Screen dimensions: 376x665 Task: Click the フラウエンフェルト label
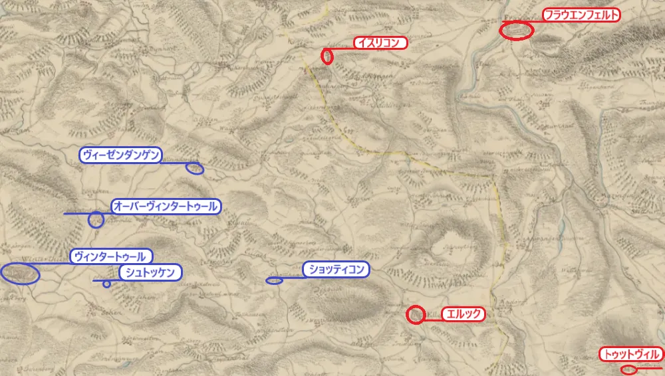click(x=581, y=15)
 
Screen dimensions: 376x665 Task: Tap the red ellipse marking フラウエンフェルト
click(x=517, y=31)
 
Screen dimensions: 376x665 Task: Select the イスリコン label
click(x=379, y=43)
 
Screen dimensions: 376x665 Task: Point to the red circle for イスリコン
click(x=327, y=56)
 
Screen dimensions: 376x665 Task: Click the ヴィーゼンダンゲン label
click(x=120, y=155)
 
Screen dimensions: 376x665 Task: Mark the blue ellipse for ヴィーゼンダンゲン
click(x=195, y=168)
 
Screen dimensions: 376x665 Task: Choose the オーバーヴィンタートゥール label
click(x=165, y=207)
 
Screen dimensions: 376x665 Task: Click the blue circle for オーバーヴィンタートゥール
click(x=96, y=219)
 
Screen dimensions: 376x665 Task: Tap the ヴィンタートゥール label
click(x=110, y=256)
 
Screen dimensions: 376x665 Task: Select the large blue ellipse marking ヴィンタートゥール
click(x=20, y=273)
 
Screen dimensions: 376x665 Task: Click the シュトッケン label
click(x=150, y=272)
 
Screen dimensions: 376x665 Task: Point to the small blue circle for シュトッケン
click(x=106, y=284)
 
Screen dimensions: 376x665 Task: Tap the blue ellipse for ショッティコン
click(x=274, y=280)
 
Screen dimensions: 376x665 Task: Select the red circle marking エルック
click(x=416, y=314)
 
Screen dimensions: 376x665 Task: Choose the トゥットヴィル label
click(x=630, y=355)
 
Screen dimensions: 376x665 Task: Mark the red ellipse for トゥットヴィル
click(x=628, y=370)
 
